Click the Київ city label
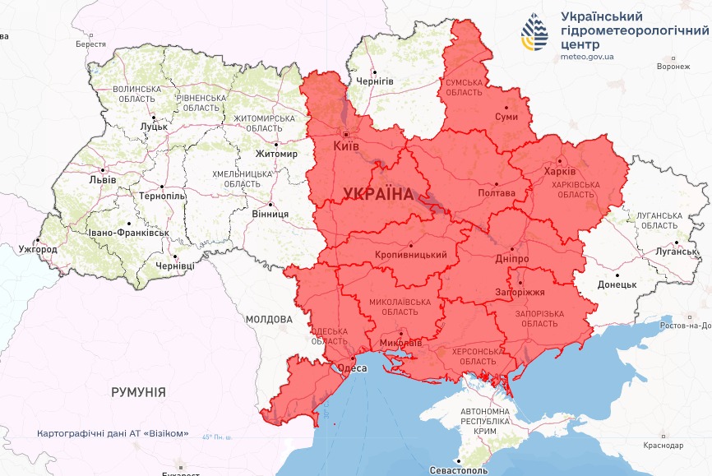[346, 146]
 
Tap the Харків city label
[560, 173]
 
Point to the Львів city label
[103, 179]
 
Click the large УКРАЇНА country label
[377, 194]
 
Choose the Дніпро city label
[511, 259]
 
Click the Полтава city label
[496, 193]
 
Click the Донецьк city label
[617, 284]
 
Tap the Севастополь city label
[459, 470]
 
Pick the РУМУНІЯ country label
[139, 392]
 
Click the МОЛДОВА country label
[269, 319]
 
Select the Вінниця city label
[270, 214]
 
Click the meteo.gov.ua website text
[587, 57]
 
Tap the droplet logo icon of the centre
[535, 32]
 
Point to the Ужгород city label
[38, 248]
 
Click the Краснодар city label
[663, 445]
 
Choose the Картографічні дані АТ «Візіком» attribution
[113, 433]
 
